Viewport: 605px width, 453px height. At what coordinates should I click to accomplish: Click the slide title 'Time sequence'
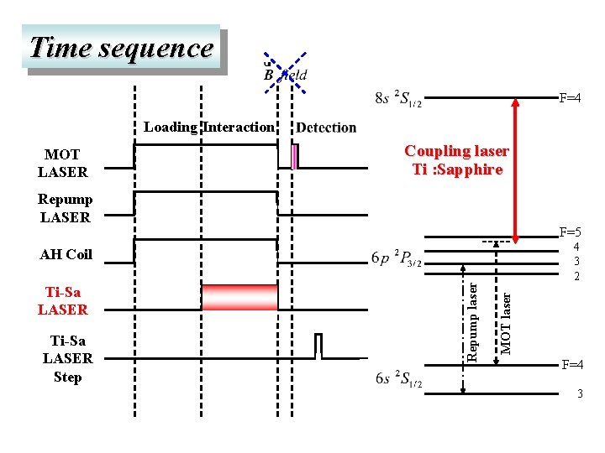coord(122,48)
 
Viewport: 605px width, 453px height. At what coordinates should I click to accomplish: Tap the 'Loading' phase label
coord(170,128)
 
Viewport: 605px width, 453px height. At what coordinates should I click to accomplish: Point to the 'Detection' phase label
coord(326,128)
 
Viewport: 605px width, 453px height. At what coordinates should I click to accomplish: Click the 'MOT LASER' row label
coord(62,164)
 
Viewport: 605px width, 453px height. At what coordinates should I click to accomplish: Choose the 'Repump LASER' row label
coord(65,208)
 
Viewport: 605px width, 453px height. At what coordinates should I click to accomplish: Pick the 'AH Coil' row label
coord(66,254)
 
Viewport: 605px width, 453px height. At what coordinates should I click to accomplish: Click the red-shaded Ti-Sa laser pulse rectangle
coord(239,298)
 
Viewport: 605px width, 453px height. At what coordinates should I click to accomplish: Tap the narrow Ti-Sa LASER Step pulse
coord(318,345)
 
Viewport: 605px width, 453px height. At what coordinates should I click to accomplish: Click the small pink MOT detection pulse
coord(294,157)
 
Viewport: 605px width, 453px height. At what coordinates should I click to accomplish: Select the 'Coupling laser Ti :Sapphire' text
coord(456,160)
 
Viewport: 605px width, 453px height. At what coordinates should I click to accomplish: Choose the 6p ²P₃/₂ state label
coord(397,258)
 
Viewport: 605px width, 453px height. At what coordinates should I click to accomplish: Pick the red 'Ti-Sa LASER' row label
coord(63,301)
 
